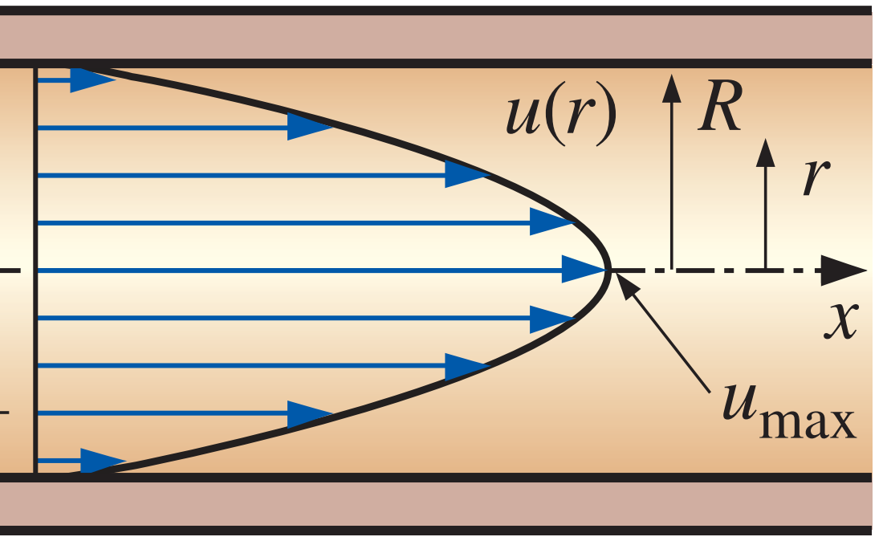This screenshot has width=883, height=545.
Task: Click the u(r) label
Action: [x=560, y=116]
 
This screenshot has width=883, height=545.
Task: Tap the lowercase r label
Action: [x=815, y=178]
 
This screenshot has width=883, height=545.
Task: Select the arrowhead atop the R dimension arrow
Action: [x=671, y=83]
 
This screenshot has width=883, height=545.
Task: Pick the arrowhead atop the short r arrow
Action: [x=766, y=152]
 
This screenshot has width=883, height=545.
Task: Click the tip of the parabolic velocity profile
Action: [x=611, y=270]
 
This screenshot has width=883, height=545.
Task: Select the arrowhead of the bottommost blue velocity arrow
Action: [x=103, y=462]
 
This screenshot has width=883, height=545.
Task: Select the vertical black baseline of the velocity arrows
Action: [x=35, y=270]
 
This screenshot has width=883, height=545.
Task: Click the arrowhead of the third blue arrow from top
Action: [x=466, y=175]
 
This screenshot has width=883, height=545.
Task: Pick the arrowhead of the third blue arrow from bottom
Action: [x=466, y=366]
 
